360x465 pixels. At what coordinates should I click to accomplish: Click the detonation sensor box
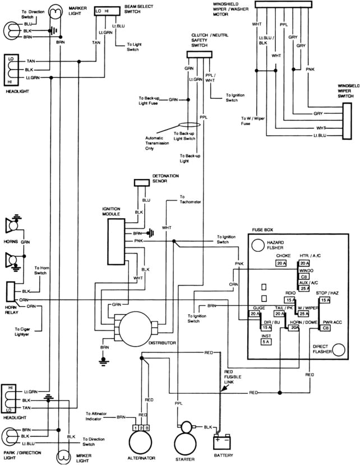[142, 183]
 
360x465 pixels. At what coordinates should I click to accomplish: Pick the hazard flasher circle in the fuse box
[258, 245]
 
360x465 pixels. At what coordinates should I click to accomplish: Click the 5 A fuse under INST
[266, 341]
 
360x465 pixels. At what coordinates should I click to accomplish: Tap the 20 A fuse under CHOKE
[281, 263]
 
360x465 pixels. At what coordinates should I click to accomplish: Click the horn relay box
[10, 292]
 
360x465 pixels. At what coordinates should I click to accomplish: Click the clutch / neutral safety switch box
[200, 54]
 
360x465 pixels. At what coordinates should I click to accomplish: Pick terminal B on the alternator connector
[147, 429]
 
